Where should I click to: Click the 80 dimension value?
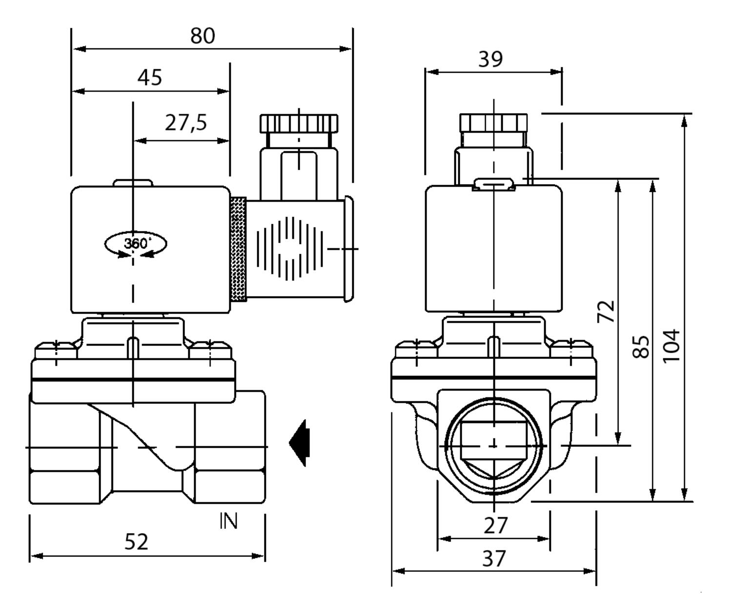click(203, 36)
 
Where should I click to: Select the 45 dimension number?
click(150, 78)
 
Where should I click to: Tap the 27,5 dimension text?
click(185, 122)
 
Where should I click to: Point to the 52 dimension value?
click(136, 542)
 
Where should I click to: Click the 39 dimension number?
click(490, 59)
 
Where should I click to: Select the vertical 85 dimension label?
click(641, 346)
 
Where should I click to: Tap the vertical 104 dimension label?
click(671, 346)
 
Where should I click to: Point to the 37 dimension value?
click(494, 558)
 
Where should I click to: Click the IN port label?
click(228, 521)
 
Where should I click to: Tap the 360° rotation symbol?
click(136, 244)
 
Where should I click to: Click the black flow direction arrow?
click(300, 443)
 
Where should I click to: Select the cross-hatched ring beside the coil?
click(238, 249)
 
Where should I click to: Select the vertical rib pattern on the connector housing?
click(290, 249)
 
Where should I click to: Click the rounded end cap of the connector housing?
click(348, 249)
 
